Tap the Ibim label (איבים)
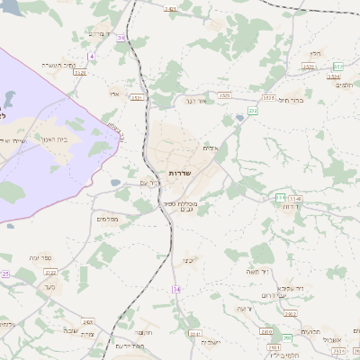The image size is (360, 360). coord(211,148)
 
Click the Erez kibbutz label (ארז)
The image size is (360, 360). coord(114,93)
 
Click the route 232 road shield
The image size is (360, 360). coord(253,111)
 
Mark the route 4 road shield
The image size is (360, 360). coord(92,56)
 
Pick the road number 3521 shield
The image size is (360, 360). coord(137,97)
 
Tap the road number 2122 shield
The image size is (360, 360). coord(50,272)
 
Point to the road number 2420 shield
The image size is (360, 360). coord(88,321)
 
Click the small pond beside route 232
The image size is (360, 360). coord(239,118)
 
